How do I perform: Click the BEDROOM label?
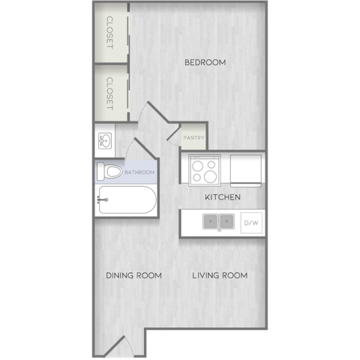pyautogui.click(x=205, y=62)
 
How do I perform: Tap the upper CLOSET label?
pyautogui.click(x=109, y=32)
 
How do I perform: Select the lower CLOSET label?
pyautogui.click(x=109, y=93)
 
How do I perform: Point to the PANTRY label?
pyautogui.click(x=193, y=138)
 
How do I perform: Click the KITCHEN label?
pyautogui.click(x=223, y=197)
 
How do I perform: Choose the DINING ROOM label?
pyautogui.click(x=133, y=275)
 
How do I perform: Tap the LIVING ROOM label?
pyautogui.click(x=220, y=275)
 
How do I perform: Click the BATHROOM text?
pyautogui.click(x=139, y=172)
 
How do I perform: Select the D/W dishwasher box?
pyautogui.click(x=251, y=223)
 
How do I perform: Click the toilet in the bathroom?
pyautogui.click(x=109, y=172)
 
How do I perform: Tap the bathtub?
pyautogui.click(x=127, y=199)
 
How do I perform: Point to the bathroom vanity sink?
pyautogui.click(x=105, y=141)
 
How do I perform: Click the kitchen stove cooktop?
pyautogui.click(x=205, y=170)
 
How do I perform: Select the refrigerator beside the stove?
pyautogui.click(x=246, y=170)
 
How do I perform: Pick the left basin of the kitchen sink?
pyautogui.click(x=211, y=221)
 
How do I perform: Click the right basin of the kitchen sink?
pyautogui.click(x=226, y=221)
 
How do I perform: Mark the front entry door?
pyautogui.click(x=115, y=346)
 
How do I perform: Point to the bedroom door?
pyautogui.click(x=158, y=112)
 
